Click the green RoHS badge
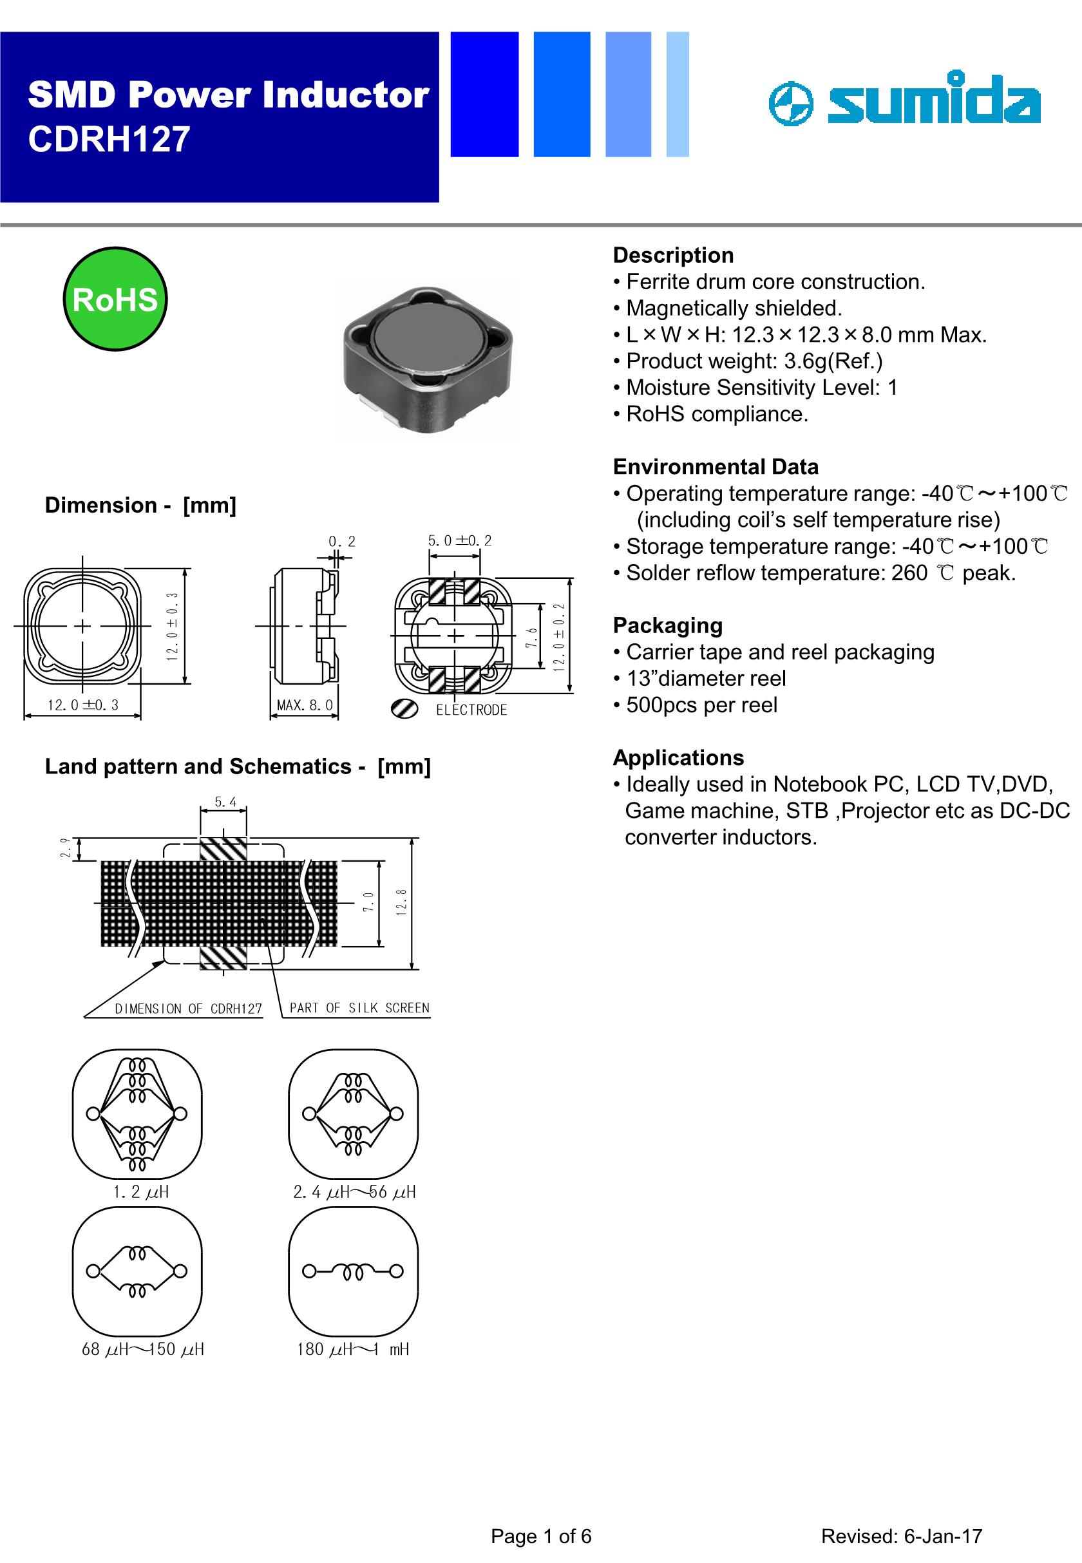point(115,299)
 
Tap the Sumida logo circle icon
point(790,105)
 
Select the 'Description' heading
point(673,255)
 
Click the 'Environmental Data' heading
point(716,466)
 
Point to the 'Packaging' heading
point(667,625)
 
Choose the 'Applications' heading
point(678,757)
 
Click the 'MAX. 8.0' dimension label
point(305,705)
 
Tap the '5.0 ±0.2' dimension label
point(459,541)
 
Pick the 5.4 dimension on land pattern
point(225,802)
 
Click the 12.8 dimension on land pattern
point(401,902)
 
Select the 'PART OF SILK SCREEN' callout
point(359,1008)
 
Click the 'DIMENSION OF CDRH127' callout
point(188,1009)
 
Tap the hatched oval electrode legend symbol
point(404,709)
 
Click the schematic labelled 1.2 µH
point(137,1113)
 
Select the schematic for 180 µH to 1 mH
point(353,1271)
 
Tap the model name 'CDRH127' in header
point(109,139)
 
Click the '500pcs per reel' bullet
point(701,705)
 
